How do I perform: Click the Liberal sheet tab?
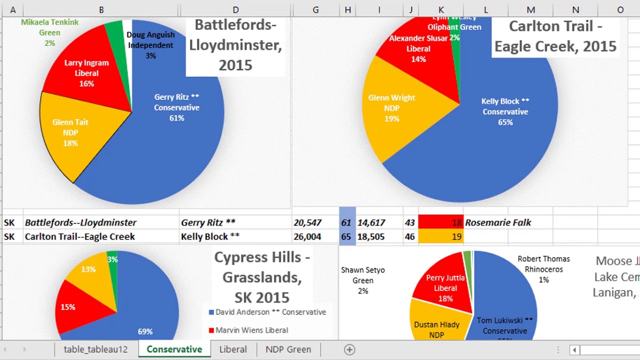tap(232, 349)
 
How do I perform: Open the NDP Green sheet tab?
tap(288, 349)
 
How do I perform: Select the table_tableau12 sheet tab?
tap(95, 349)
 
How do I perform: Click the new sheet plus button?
tap(349, 349)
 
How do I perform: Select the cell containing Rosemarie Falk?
tap(498, 222)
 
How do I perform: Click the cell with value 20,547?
tap(307, 222)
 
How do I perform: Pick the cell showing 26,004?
tap(307, 236)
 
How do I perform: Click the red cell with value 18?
tap(440, 222)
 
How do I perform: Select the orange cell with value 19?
tap(440, 236)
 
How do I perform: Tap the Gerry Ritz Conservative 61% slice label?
tap(176, 107)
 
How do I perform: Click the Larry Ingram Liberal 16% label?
tap(86, 73)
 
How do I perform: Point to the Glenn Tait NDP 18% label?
tap(70, 132)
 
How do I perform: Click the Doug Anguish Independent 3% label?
tap(150, 45)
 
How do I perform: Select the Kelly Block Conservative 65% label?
tap(505, 111)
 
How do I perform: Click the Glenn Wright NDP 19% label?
tap(391, 108)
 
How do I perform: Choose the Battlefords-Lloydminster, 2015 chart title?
tap(235, 45)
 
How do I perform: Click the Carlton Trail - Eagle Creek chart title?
tap(555, 36)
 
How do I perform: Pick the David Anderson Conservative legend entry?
tap(267, 312)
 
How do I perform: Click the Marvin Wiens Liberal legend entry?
tap(248, 330)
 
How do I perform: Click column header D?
tap(235, 10)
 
